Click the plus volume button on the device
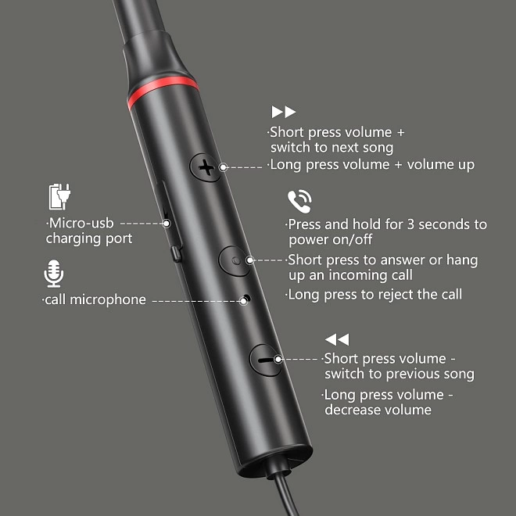click(x=206, y=167)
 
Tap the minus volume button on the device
click(x=265, y=360)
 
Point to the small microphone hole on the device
click(x=246, y=298)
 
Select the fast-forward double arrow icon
click(x=283, y=112)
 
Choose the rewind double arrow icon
click(x=337, y=339)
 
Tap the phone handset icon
click(x=299, y=202)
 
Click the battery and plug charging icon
click(x=59, y=196)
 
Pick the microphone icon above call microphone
click(x=54, y=274)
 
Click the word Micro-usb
click(x=81, y=223)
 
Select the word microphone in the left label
click(x=108, y=299)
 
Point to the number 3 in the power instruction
click(x=410, y=224)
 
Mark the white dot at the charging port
click(x=167, y=224)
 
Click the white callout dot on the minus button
click(x=278, y=360)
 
